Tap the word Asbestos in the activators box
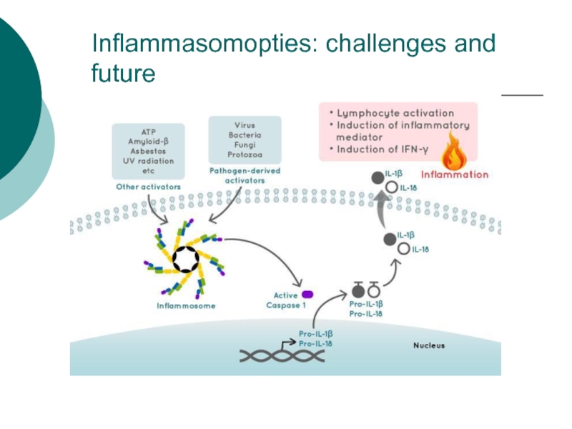point(148,151)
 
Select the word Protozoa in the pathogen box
point(245,154)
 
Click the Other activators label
point(148,187)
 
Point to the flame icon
point(454,152)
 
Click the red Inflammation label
point(455,174)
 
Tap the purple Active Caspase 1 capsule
point(307,295)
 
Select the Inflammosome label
point(186,306)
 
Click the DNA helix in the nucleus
point(282,355)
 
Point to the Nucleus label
point(429,345)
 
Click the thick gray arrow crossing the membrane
point(381,209)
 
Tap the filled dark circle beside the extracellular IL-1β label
point(378,177)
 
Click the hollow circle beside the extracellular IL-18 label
point(392,187)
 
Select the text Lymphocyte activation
point(395,113)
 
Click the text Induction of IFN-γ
point(383,149)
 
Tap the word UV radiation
point(148,161)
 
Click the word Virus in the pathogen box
point(245,125)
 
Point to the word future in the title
point(123,73)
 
